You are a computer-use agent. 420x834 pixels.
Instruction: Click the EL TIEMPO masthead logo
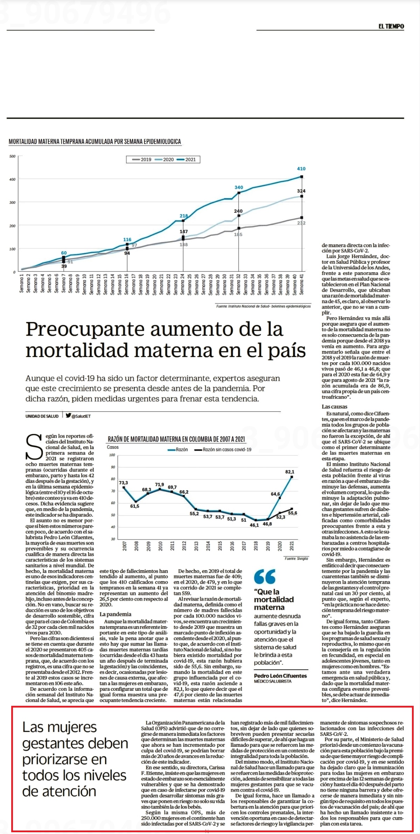(x=391, y=26)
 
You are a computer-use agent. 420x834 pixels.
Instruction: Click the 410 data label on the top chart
(x=301, y=169)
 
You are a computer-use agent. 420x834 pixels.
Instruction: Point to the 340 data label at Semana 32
(x=239, y=187)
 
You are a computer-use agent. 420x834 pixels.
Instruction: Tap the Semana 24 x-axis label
(x=183, y=284)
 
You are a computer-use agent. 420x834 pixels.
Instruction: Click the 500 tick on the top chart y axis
(x=12, y=156)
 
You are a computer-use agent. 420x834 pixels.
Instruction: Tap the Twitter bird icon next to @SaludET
(x=68, y=416)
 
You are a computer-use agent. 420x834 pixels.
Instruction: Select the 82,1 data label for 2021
(x=290, y=472)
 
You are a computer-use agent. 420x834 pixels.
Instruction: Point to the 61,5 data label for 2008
(x=135, y=506)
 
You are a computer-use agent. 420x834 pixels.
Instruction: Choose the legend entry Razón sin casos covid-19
(x=223, y=449)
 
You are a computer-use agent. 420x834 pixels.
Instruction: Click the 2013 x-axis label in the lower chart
(x=196, y=546)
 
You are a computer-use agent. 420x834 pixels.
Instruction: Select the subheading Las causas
(x=335, y=407)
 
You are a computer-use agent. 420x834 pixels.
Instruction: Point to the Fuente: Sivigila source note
(x=296, y=558)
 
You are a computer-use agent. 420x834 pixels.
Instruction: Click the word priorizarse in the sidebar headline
(x=64, y=759)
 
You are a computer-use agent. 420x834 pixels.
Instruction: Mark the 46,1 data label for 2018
(x=254, y=525)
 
